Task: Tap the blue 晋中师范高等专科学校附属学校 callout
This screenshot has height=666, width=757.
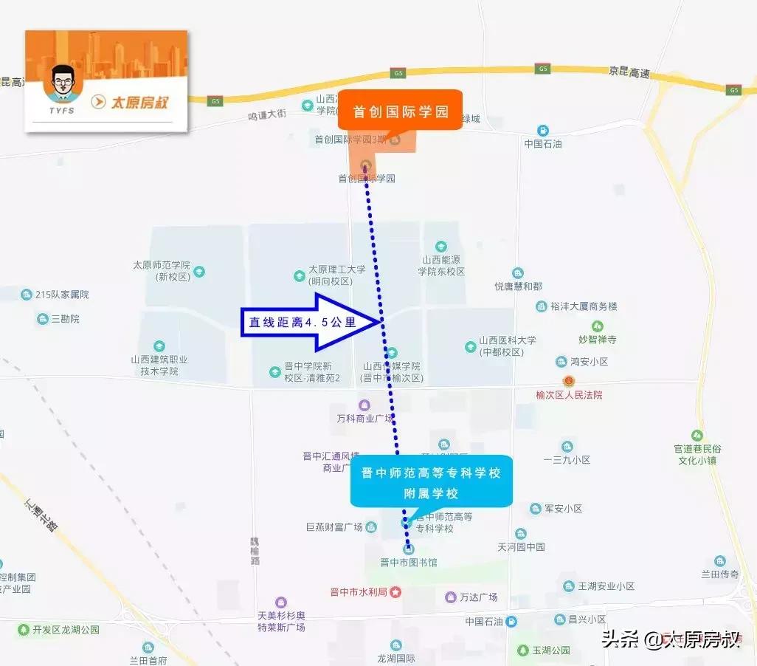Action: coord(431,481)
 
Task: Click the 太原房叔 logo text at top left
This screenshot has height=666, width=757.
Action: coord(139,103)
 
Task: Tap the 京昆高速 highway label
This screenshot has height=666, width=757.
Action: coord(629,73)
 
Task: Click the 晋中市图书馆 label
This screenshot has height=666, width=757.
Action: coord(408,563)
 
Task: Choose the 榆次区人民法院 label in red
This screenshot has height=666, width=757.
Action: coord(569,395)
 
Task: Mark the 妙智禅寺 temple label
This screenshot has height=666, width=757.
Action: coord(597,340)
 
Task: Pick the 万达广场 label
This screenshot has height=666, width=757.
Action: coord(478,597)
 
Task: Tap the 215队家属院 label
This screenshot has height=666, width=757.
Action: coord(62,295)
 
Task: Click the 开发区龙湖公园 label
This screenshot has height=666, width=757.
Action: coord(66,630)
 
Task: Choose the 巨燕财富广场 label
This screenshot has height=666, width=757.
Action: coord(334,527)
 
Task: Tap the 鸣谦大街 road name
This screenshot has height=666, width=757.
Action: coord(266,115)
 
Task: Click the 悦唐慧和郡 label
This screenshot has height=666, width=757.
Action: coord(518,286)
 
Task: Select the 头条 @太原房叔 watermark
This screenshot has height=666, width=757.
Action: coord(670,639)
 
